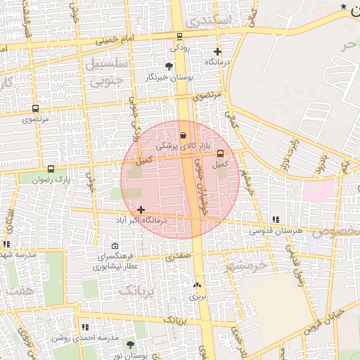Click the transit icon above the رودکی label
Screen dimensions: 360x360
pyautogui.click(x=179, y=37)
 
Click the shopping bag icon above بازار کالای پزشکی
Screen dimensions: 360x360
pyautogui.click(x=184, y=135)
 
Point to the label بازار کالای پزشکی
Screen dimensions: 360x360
pyautogui.click(x=174, y=146)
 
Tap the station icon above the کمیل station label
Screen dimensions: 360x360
pyautogui.click(x=221, y=153)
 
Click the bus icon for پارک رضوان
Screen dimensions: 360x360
pyautogui.click(x=51, y=169)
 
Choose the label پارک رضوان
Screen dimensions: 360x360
pyautogui.click(x=51, y=179)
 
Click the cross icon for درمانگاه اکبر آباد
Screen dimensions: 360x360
pyautogui.click(x=141, y=210)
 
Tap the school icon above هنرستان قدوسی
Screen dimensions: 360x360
pyautogui.click(x=276, y=219)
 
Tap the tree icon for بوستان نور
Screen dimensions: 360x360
pyautogui.click(x=130, y=344)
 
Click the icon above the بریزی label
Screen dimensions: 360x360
pyautogui.click(x=196, y=285)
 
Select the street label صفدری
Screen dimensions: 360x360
pyautogui.click(x=178, y=257)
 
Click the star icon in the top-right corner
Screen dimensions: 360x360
pyautogui.click(x=343, y=6)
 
